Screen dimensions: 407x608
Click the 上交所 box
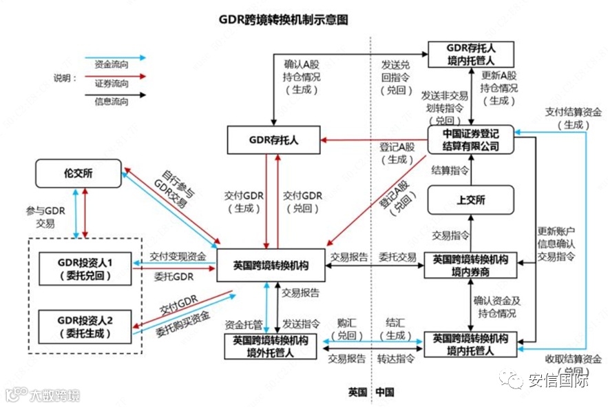(x=471, y=200)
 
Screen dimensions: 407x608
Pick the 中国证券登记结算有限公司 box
(x=472, y=139)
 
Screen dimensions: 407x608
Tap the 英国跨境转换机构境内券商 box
(x=470, y=266)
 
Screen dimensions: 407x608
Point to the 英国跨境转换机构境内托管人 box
(x=471, y=344)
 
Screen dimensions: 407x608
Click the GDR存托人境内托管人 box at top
(x=472, y=54)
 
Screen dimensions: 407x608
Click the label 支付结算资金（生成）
(x=573, y=119)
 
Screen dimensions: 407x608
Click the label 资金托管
(x=244, y=323)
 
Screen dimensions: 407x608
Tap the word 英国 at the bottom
(x=357, y=393)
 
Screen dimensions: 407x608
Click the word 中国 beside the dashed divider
(x=385, y=393)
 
